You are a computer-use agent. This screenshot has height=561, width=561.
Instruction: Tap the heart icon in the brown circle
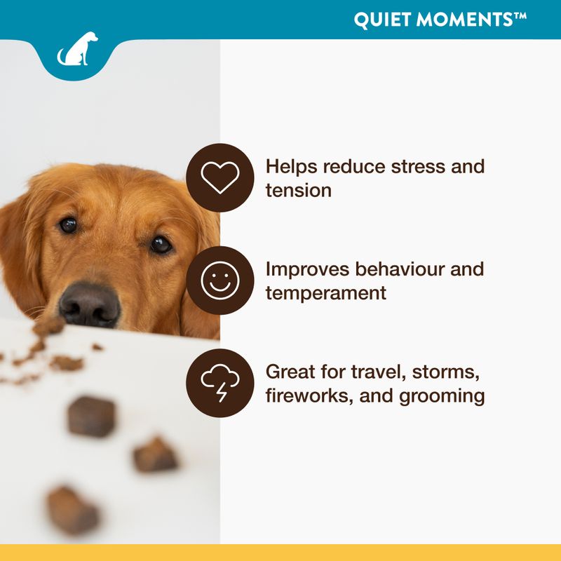[220, 177]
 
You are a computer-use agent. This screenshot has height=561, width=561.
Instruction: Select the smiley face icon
[220, 280]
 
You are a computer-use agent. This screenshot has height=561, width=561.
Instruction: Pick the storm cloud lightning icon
[220, 384]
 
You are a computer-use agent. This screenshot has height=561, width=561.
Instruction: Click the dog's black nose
[89, 304]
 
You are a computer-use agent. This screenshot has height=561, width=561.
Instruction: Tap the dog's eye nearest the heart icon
[161, 245]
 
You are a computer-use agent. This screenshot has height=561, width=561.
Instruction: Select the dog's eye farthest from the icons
[68, 224]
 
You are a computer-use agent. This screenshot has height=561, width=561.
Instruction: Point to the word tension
[298, 190]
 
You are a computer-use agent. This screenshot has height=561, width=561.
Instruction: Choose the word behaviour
[398, 269]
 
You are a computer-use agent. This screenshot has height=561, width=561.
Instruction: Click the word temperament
[325, 292]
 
